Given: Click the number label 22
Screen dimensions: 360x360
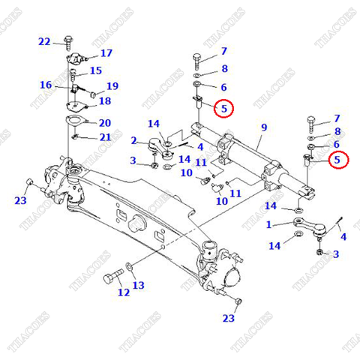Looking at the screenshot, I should tap(44, 41).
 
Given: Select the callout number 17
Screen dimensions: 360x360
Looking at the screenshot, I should tap(106, 53).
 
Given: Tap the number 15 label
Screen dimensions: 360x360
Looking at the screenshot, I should tap(95, 70).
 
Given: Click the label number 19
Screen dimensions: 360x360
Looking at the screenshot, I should tap(112, 86).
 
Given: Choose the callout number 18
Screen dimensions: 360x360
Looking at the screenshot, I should tap(104, 100).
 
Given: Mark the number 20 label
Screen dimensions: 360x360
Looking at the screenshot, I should tap(104, 123).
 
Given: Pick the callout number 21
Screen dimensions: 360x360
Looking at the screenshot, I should tap(104, 136).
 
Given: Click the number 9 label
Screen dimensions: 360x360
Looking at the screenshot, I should tap(263, 127).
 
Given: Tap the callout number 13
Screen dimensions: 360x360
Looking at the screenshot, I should tap(138, 285).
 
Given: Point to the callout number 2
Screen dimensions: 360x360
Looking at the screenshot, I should tap(133, 140).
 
